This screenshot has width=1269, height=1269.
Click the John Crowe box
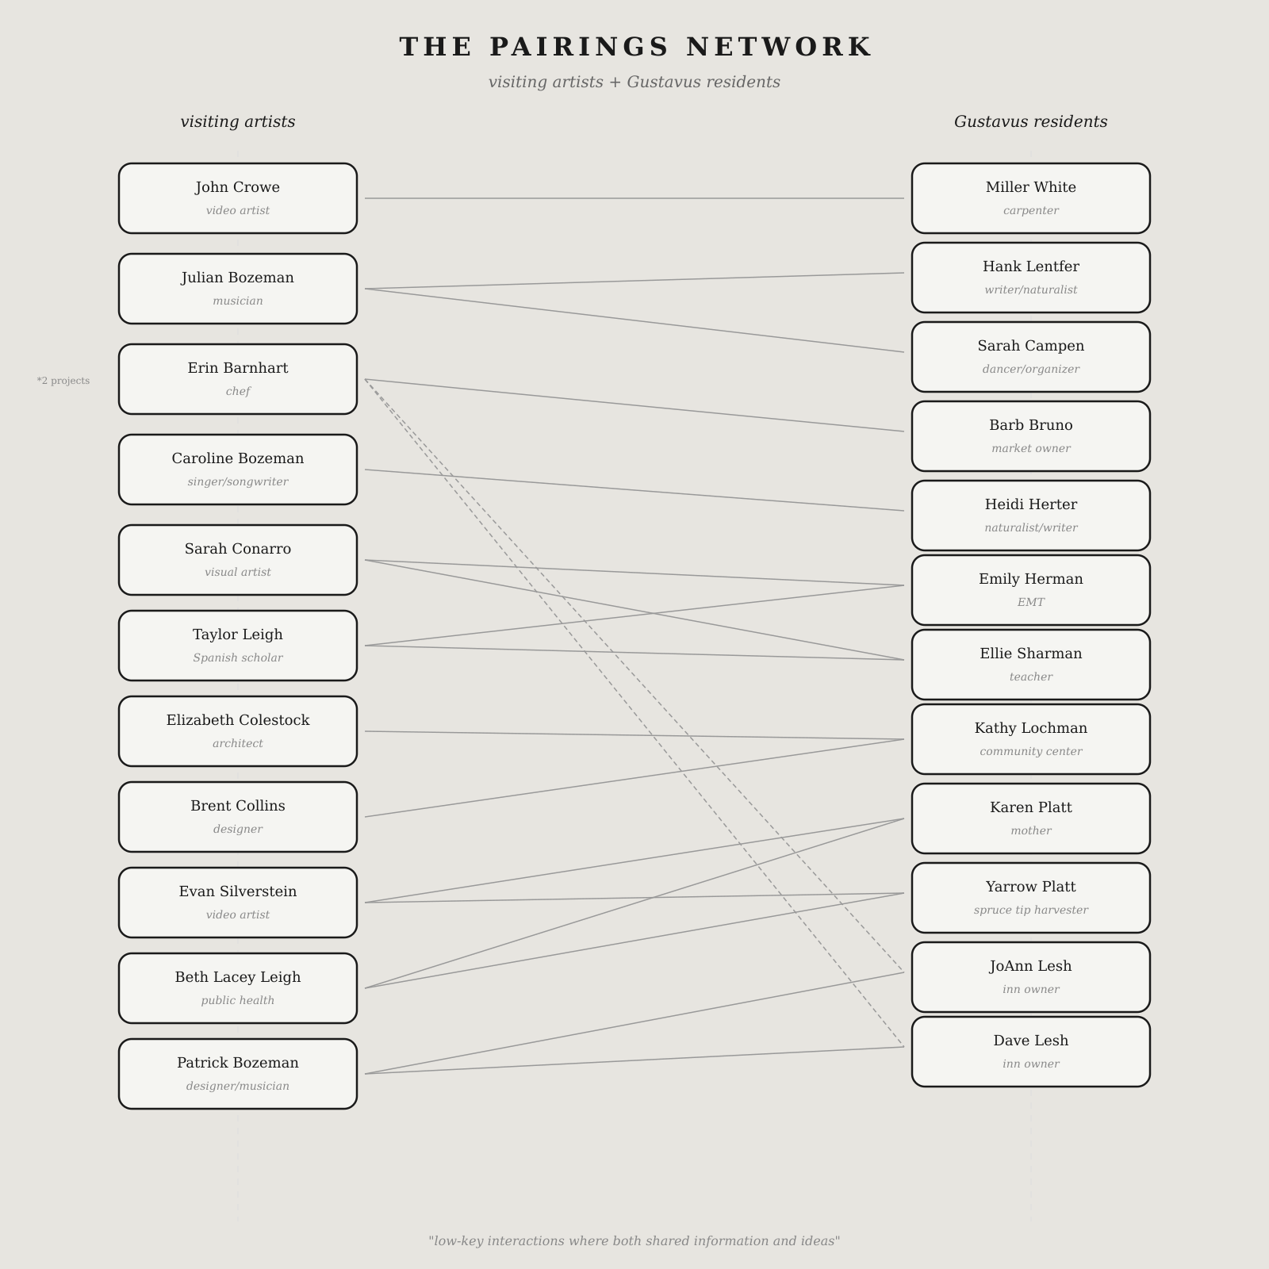click(238, 198)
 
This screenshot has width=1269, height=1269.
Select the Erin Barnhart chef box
click(238, 379)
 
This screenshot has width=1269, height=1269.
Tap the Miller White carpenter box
click(1031, 198)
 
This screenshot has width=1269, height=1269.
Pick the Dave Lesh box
click(1031, 1052)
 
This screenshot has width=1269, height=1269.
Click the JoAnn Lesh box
click(1031, 977)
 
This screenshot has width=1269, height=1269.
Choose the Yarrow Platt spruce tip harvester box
click(1031, 898)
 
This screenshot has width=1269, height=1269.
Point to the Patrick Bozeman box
click(238, 1074)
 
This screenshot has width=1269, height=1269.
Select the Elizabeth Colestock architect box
click(238, 731)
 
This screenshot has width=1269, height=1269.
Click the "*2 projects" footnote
click(63, 381)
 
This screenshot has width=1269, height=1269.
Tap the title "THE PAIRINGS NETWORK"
click(634, 47)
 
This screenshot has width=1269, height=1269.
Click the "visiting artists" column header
click(238, 121)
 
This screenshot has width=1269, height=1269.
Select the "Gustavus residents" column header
click(1030, 121)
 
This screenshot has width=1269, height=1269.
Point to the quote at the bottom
click(634, 1241)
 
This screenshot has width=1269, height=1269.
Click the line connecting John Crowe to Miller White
click(634, 198)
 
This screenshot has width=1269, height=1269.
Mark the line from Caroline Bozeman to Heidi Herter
click(634, 490)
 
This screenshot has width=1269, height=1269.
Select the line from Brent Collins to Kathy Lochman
click(634, 778)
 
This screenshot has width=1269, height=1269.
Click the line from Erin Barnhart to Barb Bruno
click(634, 405)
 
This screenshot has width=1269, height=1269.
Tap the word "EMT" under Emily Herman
click(1031, 603)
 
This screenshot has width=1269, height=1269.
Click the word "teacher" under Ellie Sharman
click(1031, 677)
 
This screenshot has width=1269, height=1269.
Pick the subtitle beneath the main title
click(634, 82)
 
